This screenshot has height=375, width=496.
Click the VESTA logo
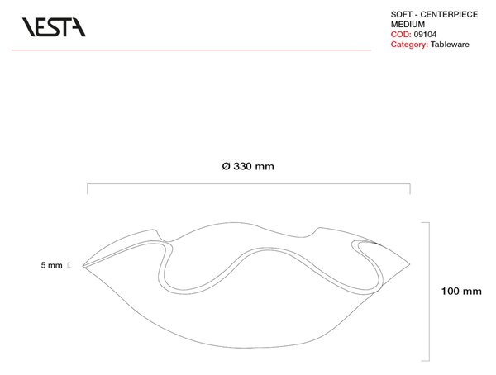(54, 27)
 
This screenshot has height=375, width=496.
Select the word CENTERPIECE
(449, 14)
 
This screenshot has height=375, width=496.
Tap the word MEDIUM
(408, 24)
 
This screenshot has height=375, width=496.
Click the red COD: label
(401, 34)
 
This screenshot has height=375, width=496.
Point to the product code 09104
(425, 34)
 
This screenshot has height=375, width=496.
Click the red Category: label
(409, 45)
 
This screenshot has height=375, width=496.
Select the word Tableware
(450, 45)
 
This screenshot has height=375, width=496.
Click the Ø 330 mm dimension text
(248, 166)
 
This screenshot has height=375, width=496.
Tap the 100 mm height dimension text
(461, 291)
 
